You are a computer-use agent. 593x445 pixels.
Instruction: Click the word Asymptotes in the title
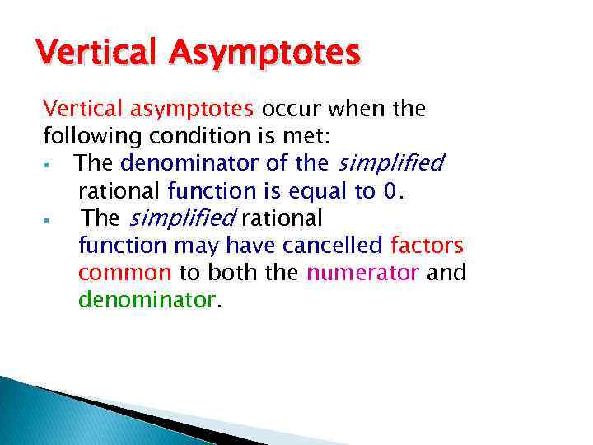267,55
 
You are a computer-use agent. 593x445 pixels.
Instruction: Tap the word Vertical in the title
101,54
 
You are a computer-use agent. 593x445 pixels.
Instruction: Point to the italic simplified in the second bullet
183,218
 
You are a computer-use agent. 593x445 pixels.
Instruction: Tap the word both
235,273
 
